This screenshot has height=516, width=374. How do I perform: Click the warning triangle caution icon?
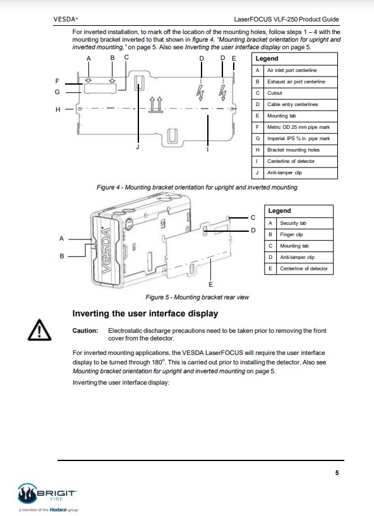[40, 330]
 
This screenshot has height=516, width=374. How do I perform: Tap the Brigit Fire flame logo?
[27, 493]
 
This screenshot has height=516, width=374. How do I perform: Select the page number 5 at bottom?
[337, 472]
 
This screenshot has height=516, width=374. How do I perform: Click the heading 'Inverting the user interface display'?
[145, 313]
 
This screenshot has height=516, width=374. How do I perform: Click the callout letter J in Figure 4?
[138, 147]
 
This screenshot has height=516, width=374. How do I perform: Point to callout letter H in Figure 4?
[58, 110]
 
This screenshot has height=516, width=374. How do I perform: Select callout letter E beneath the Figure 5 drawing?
[211, 284]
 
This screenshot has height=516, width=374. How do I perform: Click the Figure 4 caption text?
[196, 187]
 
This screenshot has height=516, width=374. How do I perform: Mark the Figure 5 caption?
[197, 297]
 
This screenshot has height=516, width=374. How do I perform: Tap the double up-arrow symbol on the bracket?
[156, 104]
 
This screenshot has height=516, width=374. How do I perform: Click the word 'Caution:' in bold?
[85, 331]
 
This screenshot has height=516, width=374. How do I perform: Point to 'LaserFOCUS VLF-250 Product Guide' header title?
[286, 19]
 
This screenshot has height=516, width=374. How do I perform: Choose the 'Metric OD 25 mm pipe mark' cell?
[298, 127]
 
